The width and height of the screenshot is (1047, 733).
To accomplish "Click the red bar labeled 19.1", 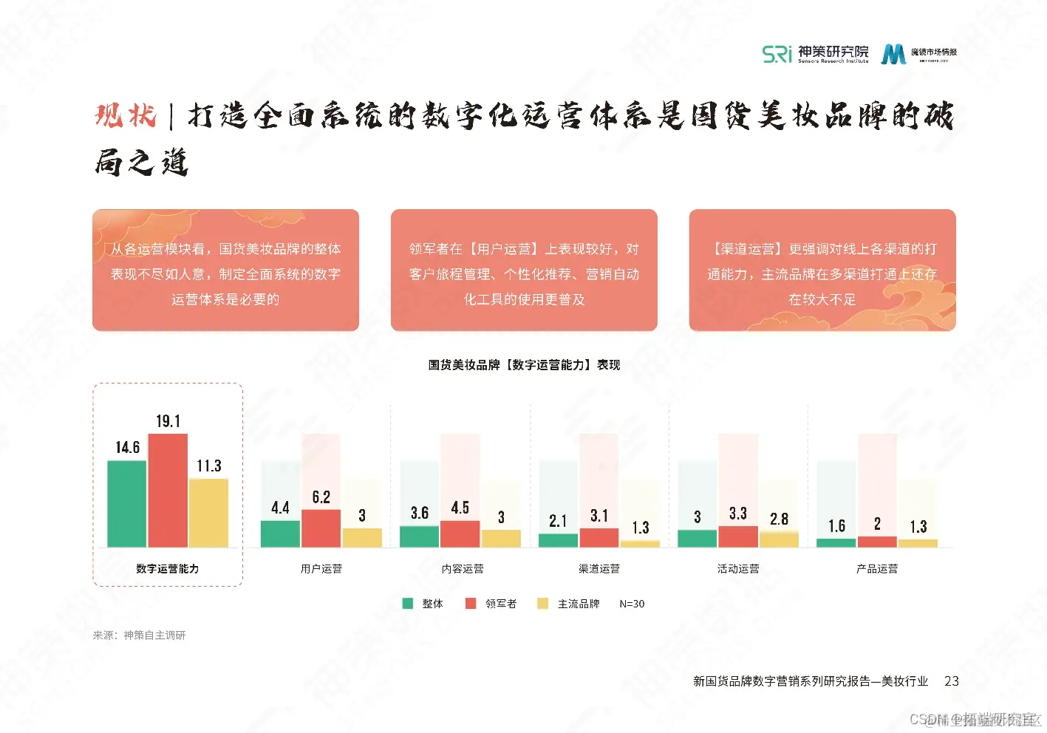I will coord(168,490).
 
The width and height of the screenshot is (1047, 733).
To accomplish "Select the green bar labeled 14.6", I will coord(127,503).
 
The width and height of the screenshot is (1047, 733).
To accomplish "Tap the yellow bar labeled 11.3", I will coord(208,513).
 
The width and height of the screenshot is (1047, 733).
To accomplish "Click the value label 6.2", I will coord(321,497).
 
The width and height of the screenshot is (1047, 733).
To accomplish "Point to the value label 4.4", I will coord(280,508).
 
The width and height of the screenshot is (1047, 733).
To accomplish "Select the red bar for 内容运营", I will coord(460,533).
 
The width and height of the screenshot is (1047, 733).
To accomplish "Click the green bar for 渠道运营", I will coord(558,540).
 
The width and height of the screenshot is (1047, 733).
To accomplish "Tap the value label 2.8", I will coord(779,519).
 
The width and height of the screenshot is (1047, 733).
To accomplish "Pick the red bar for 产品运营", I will coord(877,542).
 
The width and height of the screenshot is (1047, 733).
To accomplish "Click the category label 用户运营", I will coord(321,569).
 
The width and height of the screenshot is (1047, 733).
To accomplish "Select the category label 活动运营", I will coord(738,569).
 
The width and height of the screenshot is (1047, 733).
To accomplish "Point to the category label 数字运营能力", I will coord(168,569).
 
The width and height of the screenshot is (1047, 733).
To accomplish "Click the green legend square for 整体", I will coord(407,604).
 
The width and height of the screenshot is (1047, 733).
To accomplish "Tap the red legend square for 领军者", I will coord(471,604).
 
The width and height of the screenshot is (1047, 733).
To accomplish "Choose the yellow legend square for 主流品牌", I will coord(543,604).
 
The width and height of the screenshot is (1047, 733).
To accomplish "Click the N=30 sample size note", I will coord(632,604).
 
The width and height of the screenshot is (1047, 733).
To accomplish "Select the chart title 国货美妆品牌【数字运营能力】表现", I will coord(524,365).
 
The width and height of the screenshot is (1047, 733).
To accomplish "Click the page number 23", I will coord(952,681).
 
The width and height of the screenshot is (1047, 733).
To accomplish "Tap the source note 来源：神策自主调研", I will coord(139,635).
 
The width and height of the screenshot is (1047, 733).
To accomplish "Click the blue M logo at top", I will coord(893,54).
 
